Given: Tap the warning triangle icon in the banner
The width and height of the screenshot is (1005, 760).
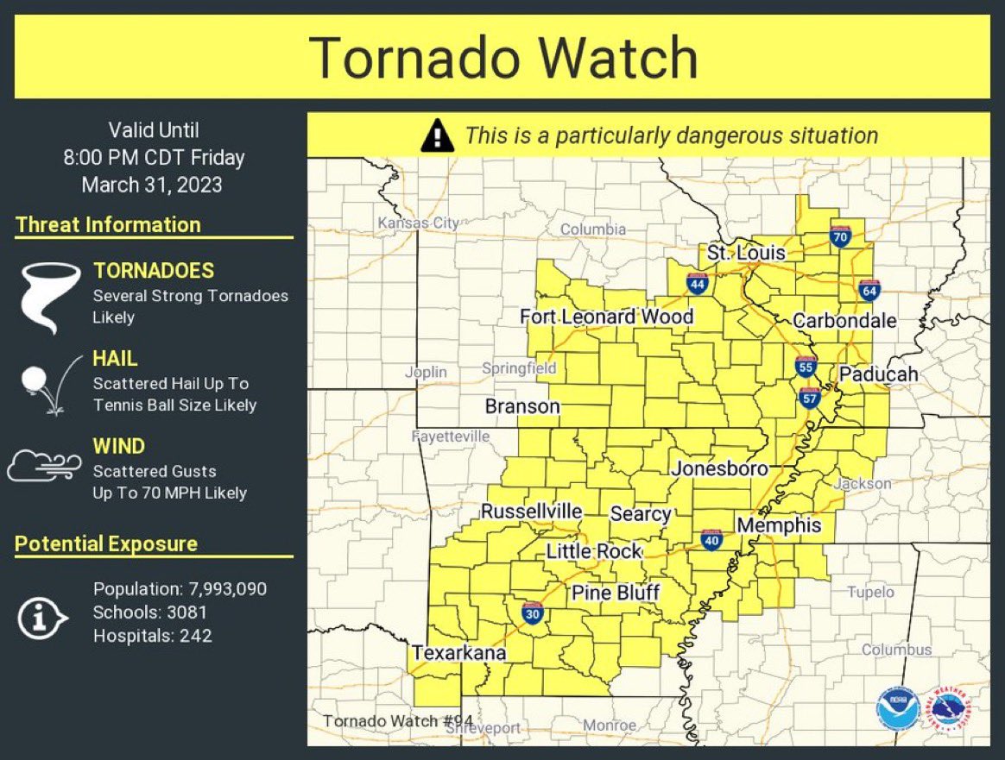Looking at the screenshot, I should tap(438, 135).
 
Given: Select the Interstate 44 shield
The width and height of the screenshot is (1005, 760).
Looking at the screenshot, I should tap(697, 282).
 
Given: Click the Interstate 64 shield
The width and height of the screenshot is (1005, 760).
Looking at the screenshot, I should tap(869, 290).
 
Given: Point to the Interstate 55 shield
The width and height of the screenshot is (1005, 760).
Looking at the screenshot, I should tap(805, 366).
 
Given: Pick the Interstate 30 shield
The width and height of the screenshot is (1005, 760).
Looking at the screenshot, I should tap(532, 612).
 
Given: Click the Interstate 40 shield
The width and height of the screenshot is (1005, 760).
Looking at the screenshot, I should tap(711, 540).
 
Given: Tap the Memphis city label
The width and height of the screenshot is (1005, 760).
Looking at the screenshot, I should tap(778, 524).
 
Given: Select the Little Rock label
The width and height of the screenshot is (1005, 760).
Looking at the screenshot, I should tap(594, 551).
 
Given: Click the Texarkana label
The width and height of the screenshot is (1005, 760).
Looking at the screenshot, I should tap(458, 653).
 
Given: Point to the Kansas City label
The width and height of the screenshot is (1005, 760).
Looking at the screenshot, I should tap(419, 223).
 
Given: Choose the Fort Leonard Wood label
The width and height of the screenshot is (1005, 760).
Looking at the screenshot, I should tap(606, 317).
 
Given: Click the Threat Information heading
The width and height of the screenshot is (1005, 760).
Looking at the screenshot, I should tap(108, 225).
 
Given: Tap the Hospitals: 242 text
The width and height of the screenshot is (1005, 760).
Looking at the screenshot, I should tap(152, 636).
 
